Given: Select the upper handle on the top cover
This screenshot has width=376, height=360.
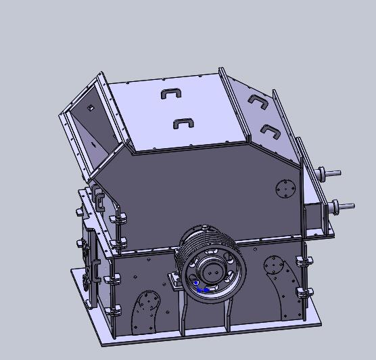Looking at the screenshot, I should point(172,93).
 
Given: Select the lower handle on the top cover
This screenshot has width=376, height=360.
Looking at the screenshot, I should point(183,123).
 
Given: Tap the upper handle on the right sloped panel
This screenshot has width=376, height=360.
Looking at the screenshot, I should point(257,101).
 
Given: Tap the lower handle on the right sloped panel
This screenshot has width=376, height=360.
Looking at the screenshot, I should point(270,130).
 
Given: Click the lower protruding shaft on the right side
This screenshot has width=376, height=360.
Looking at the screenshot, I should point(344,206).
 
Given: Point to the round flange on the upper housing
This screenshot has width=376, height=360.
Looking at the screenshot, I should point(286,188).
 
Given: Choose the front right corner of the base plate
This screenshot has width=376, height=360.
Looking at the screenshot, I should point(318,324).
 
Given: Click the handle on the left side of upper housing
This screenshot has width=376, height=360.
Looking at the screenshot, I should point(100,200).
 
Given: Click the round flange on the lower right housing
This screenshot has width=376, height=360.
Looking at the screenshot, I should point(273,264).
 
